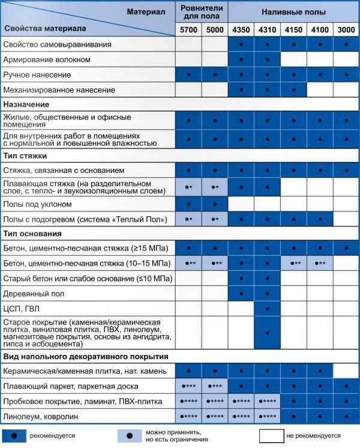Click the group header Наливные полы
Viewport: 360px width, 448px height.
pyautogui.click(x=293, y=11)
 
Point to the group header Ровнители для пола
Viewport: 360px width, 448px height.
pyautogui.click(x=202, y=11)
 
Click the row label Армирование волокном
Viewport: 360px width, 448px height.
pyautogui.click(x=47, y=60)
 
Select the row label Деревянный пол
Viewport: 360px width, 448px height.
pyautogui.click(x=34, y=294)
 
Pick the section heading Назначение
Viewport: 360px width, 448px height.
pyautogui.click(x=28, y=104)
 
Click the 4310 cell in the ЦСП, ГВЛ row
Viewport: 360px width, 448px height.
pyautogui.click(x=267, y=309)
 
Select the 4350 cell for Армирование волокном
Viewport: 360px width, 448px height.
pyautogui.click(x=241, y=60)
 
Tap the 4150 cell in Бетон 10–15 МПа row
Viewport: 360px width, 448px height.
pyautogui.click(x=293, y=263)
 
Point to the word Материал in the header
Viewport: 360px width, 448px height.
pyautogui.click(x=146, y=11)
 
